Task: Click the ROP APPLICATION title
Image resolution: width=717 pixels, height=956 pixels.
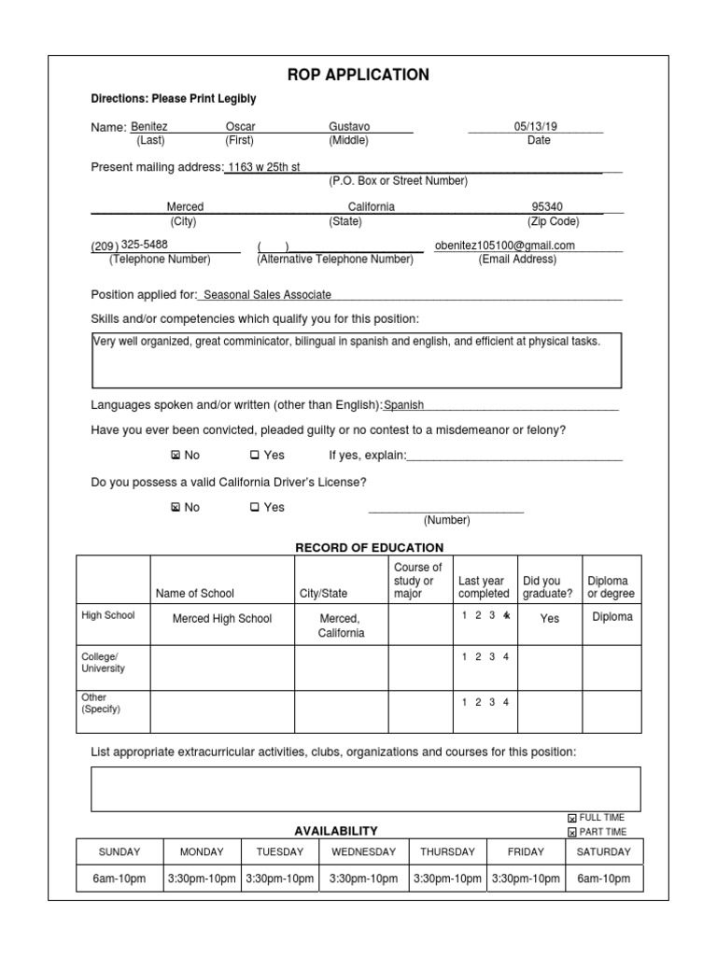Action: coord(358,75)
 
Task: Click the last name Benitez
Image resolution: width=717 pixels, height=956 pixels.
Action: coord(148,126)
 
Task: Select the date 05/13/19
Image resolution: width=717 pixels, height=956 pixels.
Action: coord(533,126)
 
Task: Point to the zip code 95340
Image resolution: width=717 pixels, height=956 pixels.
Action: coord(547,206)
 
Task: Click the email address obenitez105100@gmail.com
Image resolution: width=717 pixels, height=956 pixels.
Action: coord(505,246)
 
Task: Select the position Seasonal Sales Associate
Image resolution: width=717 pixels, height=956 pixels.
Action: coord(267,294)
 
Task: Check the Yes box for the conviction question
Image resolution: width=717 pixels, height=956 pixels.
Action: coord(254,456)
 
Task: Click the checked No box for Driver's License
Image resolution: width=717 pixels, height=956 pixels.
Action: coord(175,508)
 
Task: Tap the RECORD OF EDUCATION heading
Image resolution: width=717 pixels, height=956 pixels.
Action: coord(370,547)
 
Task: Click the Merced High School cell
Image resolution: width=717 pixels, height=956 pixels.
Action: coord(222,618)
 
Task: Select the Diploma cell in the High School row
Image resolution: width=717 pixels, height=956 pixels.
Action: coord(611,617)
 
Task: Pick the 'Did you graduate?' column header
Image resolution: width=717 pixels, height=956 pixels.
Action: coord(549,587)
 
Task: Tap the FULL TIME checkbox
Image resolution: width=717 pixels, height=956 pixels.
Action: coord(572,819)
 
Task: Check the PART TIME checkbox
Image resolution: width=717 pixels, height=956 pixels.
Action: coord(572,833)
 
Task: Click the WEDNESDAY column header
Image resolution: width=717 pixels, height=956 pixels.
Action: coord(363,851)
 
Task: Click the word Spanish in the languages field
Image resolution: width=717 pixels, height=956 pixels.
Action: coord(404,405)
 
